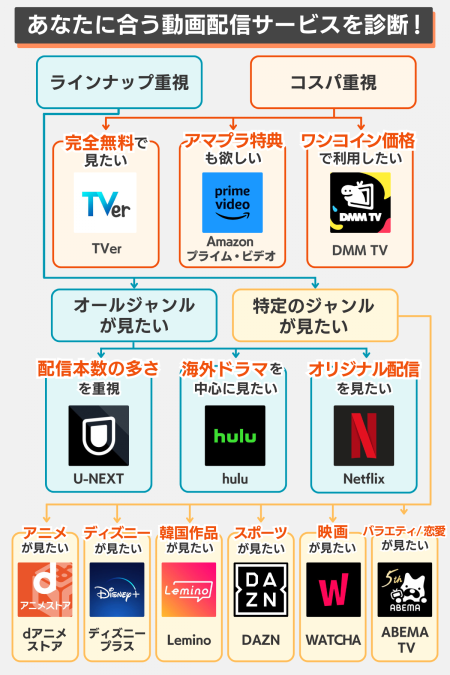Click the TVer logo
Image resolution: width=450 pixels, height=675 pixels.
click(105, 202)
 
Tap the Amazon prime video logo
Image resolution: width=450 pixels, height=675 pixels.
click(232, 202)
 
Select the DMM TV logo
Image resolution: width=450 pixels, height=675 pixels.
click(360, 202)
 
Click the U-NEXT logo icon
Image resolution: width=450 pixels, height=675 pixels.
click(98, 435)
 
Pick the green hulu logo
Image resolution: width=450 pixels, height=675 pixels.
click(235, 435)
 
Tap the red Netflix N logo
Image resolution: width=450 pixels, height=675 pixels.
click(363, 435)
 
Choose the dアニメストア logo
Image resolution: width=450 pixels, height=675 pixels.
click(45, 589)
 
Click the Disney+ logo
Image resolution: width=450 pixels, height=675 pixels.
click(117, 589)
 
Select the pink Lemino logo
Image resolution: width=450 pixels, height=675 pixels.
click(189, 589)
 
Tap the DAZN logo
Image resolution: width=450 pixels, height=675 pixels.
click(261, 589)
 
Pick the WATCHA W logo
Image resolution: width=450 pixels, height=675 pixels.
click(333, 589)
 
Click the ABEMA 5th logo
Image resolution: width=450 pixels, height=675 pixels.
click(404, 589)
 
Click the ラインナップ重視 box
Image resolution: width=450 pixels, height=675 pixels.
click(119, 82)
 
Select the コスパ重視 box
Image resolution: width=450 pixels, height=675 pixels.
click(333, 82)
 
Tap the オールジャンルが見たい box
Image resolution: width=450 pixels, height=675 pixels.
click(134, 315)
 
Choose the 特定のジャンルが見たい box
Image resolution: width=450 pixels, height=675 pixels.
click(315, 315)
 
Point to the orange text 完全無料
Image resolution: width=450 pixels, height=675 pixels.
click(99, 143)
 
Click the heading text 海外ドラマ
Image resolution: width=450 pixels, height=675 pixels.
click(225, 369)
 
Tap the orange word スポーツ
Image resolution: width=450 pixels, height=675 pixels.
click(260, 533)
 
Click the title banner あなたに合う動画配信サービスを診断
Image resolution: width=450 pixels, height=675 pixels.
click(223, 25)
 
